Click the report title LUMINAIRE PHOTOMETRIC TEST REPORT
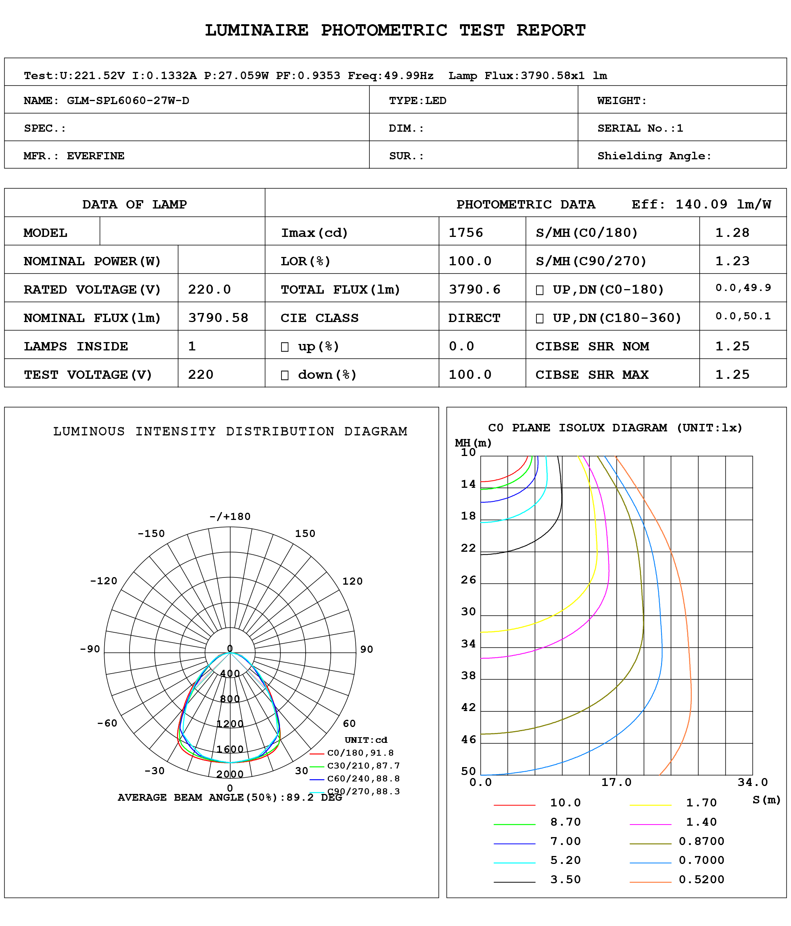tap(395, 30)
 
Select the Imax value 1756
tap(466, 232)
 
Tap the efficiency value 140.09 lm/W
tap(723, 204)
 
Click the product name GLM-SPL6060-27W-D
tap(128, 100)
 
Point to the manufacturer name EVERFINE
tap(95, 156)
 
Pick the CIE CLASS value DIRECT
tap(474, 318)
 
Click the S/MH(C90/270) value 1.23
tap(732, 261)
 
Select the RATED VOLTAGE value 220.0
tap(209, 289)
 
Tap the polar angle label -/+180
tap(230, 517)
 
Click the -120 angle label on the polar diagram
tap(103, 581)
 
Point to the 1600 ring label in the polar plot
tap(230, 750)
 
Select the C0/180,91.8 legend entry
tap(360, 753)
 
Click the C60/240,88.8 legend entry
tap(363, 778)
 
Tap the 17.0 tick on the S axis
tap(616, 782)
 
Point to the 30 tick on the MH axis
tap(469, 612)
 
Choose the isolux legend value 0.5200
tap(701, 879)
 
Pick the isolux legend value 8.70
tap(565, 822)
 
